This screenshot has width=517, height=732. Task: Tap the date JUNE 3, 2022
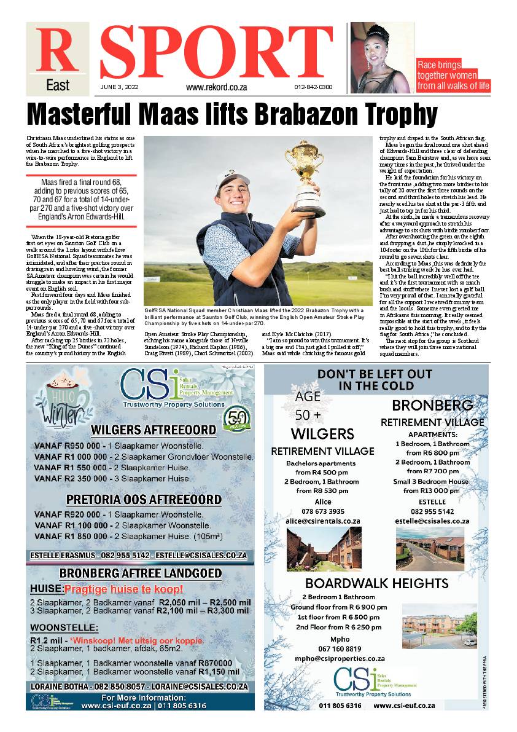coord(120,87)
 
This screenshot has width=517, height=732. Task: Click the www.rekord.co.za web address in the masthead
coord(216,87)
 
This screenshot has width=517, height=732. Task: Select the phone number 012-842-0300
coord(313,87)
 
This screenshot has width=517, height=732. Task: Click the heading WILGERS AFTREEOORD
coord(153,430)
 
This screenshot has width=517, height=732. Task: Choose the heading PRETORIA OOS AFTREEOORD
coord(144,498)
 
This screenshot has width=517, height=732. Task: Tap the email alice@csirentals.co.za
coord(314,521)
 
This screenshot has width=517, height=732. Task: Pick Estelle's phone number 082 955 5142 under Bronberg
coord(432,511)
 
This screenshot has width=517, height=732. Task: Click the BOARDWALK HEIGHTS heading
coord(376,583)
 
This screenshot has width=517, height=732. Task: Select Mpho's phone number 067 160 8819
coord(340,648)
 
